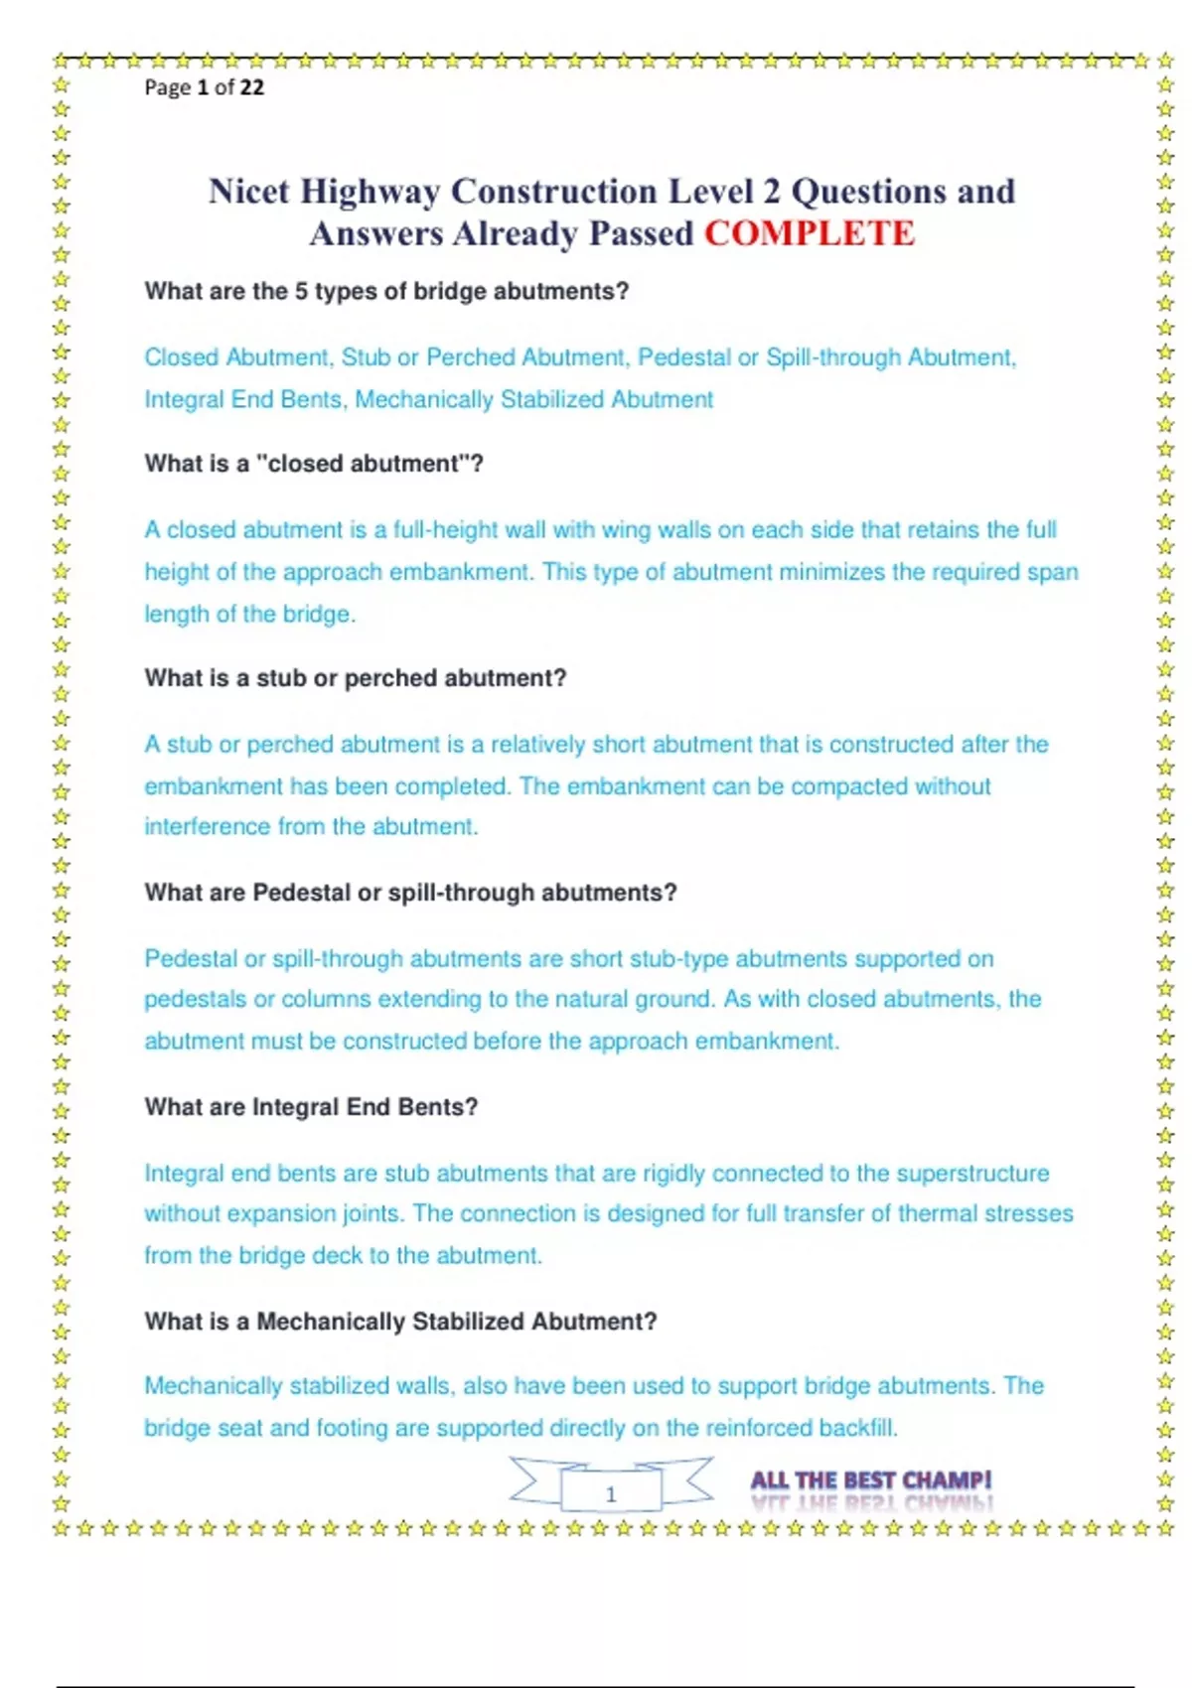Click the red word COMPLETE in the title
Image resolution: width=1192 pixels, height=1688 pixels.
810,234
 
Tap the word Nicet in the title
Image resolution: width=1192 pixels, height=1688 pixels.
248,192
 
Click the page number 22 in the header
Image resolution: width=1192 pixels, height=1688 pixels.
252,87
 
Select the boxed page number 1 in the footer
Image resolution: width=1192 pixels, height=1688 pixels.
611,1493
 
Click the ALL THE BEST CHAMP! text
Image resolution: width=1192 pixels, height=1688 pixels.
871,1480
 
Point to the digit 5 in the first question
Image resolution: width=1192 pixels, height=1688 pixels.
301,292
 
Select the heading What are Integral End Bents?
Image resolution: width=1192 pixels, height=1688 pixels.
311,1107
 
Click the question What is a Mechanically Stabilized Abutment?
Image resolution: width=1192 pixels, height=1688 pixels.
400,1322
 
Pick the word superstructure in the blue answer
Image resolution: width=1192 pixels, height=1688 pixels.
972,1174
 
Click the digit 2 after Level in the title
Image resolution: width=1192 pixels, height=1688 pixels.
771,192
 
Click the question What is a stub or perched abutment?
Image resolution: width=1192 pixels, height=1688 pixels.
355,678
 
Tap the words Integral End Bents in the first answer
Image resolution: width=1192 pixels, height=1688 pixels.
243,400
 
